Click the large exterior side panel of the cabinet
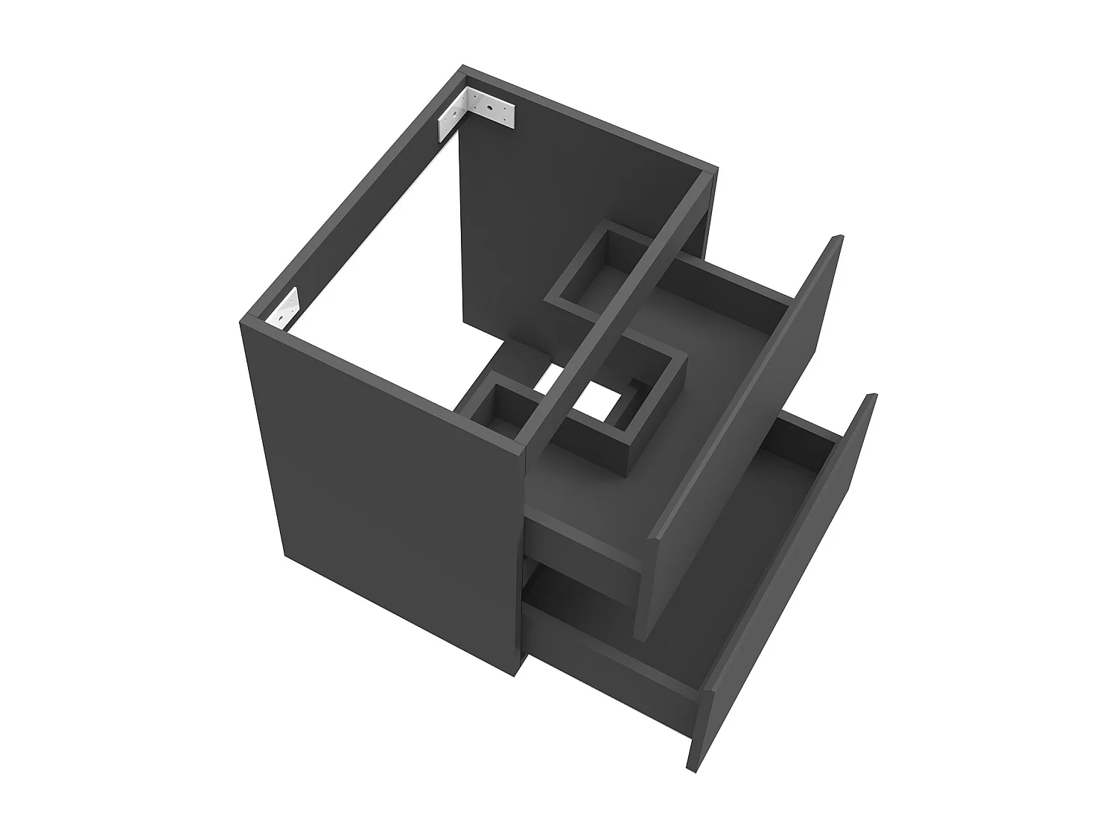(380, 484)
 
